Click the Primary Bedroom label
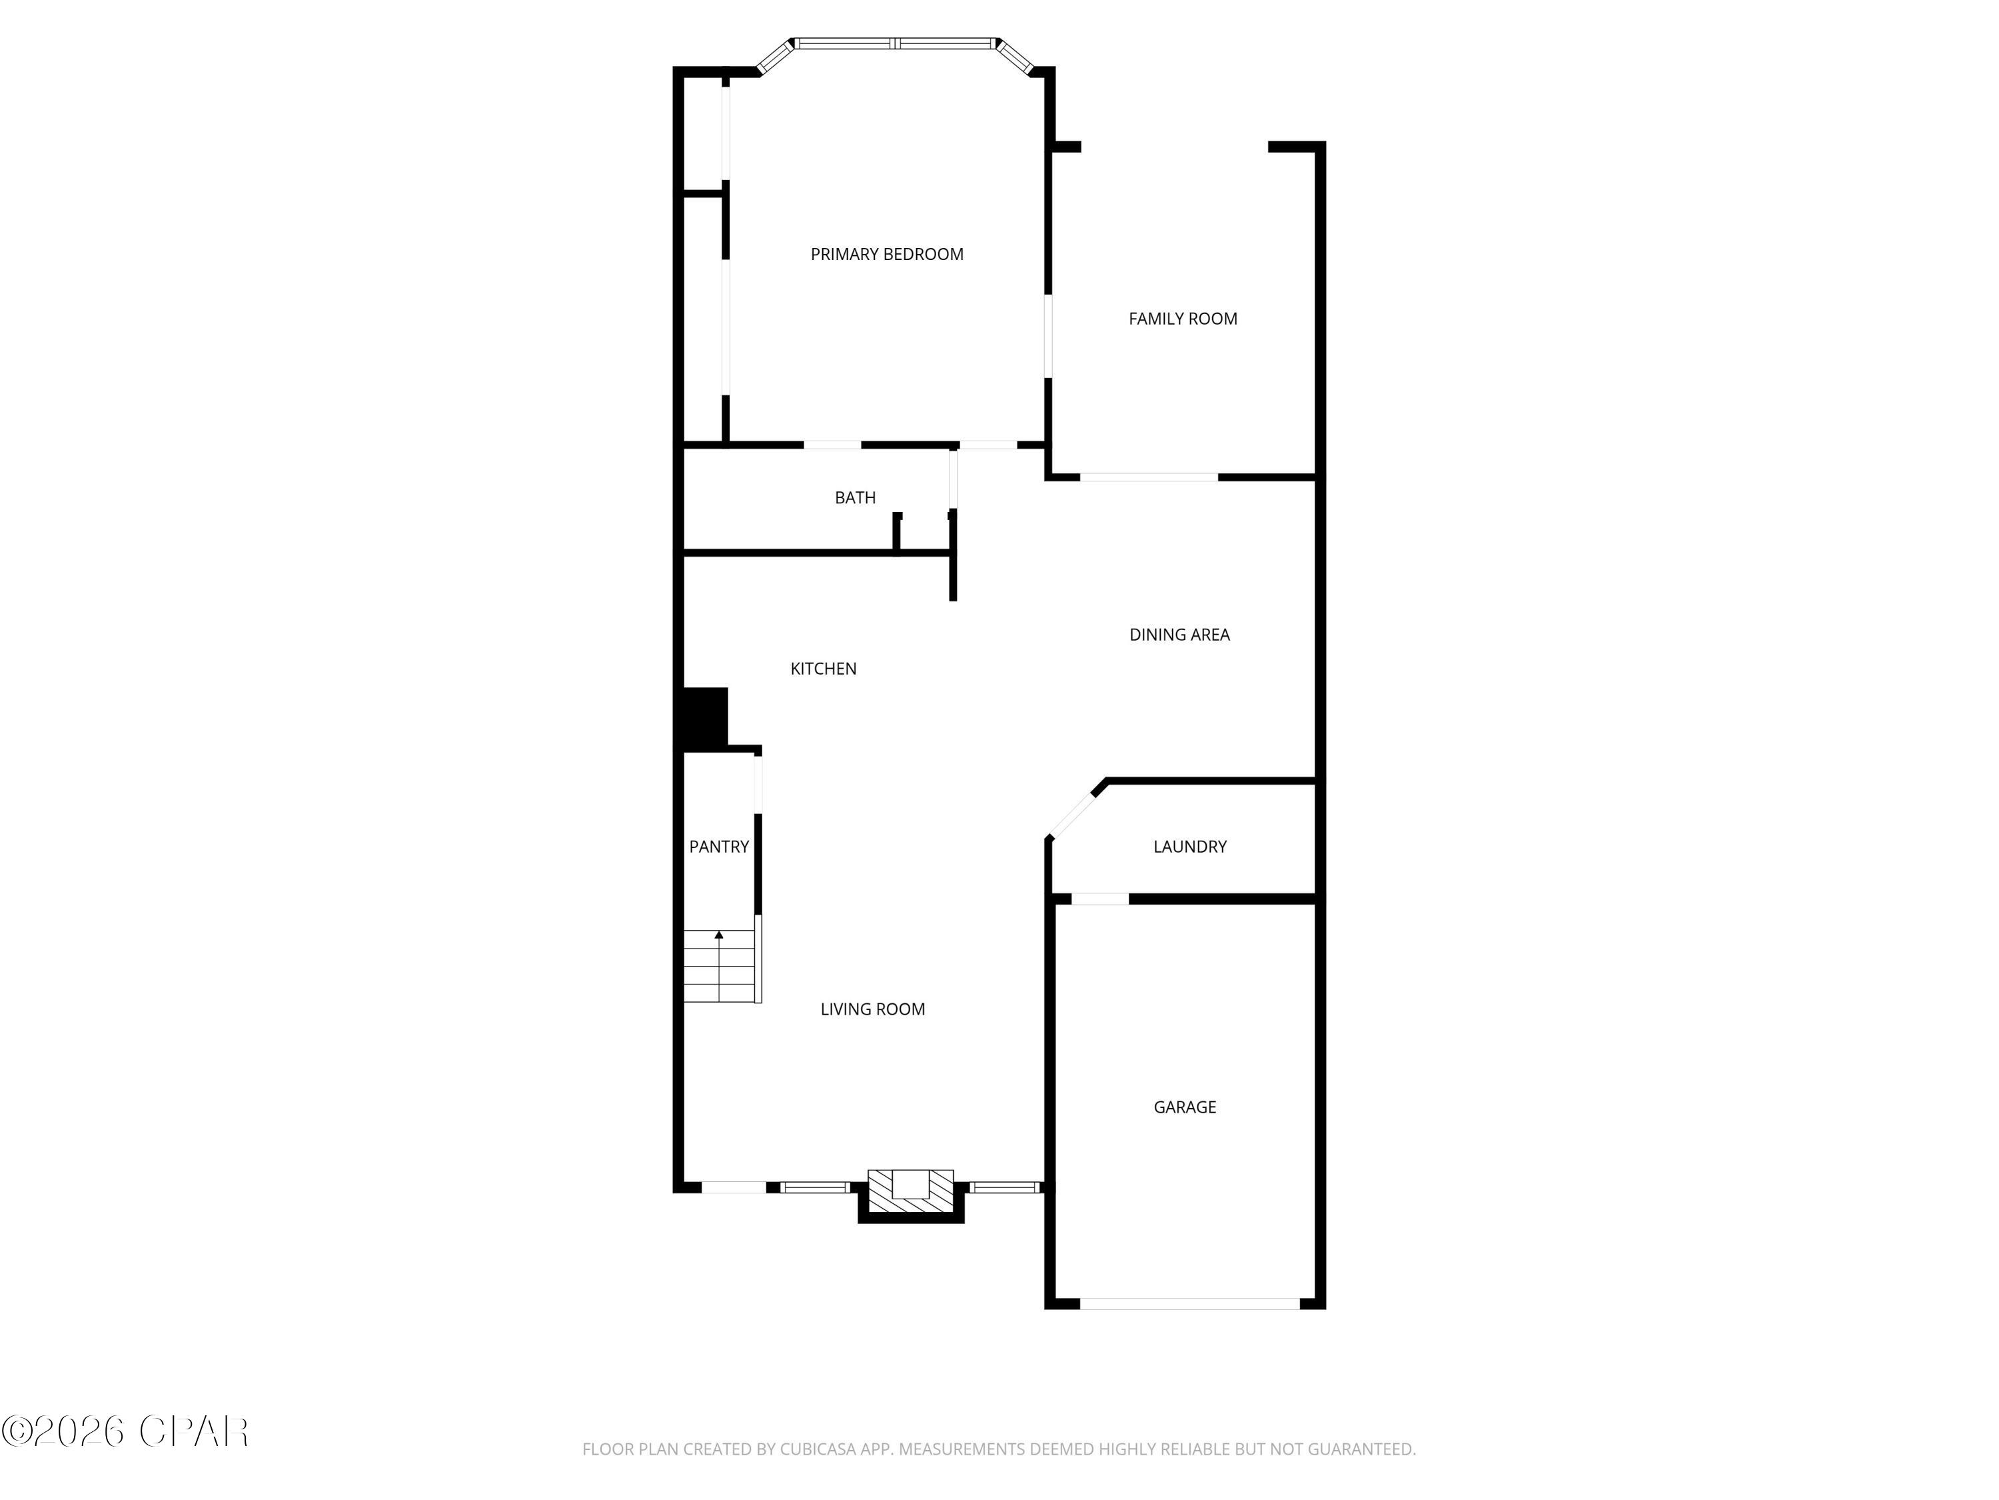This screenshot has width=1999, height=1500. [886, 255]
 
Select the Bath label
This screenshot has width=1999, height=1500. [855, 498]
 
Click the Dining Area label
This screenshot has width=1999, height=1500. [1179, 635]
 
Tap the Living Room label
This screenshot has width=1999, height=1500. [872, 1010]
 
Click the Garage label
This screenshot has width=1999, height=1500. [1185, 1107]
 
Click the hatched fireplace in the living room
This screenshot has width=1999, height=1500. [910, 1193]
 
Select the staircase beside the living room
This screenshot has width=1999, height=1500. [720, 967]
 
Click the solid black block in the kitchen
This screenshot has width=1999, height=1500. [705, 719]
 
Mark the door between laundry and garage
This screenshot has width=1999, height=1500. [1100, 899]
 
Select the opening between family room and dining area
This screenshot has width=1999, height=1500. [1149, 477]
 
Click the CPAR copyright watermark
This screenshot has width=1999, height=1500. [125, 1431]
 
